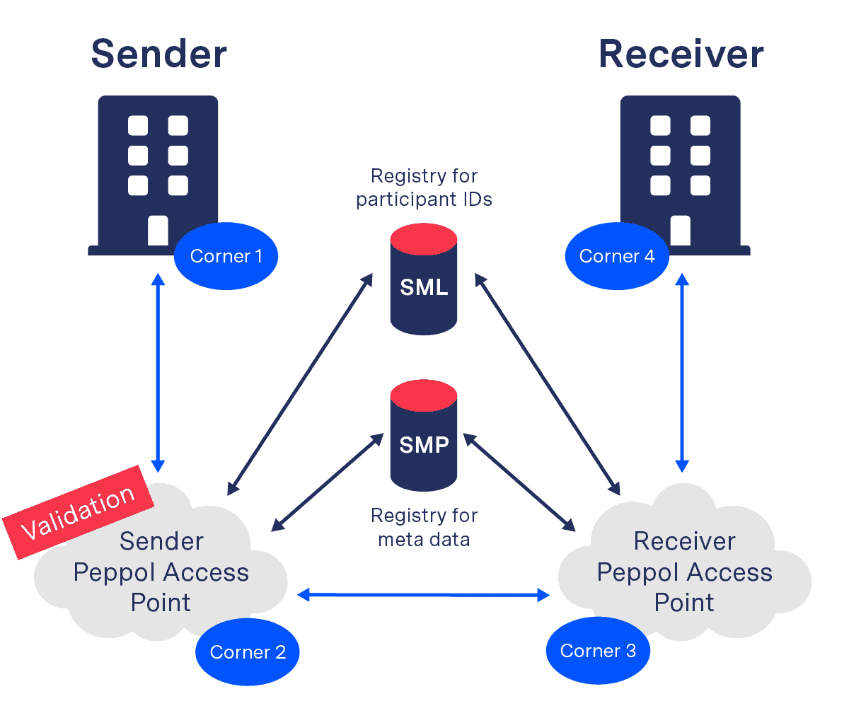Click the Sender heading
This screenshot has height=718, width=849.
(159, 54)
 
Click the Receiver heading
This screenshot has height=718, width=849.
(681, 54)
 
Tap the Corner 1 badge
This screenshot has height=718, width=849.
(226, 256)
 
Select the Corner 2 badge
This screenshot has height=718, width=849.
(248, 652)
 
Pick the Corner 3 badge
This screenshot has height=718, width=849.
(598, 651)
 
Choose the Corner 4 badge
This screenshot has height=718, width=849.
(617, 256)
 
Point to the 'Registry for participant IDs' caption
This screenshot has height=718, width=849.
(424, 187)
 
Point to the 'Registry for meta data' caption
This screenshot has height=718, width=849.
(424, 528)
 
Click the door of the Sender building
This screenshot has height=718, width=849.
(158, 231)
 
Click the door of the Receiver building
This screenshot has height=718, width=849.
(680, 231)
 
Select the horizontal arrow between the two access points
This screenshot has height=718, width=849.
(424, 596)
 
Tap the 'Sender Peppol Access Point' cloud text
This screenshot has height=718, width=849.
(161, 572)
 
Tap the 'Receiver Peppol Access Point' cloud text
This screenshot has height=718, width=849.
(684, 572)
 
